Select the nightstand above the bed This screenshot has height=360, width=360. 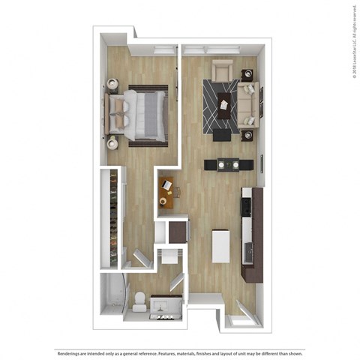click(x=112, y=83)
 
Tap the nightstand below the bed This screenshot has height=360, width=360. click(x=112, y=141)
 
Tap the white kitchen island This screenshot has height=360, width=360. click(x=221, y=246)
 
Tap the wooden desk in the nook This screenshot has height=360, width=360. click(x=165, y=192)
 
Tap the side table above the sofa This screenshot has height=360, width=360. click(x=247, y=73)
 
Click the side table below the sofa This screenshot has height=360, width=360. click(x=247, y=135)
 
